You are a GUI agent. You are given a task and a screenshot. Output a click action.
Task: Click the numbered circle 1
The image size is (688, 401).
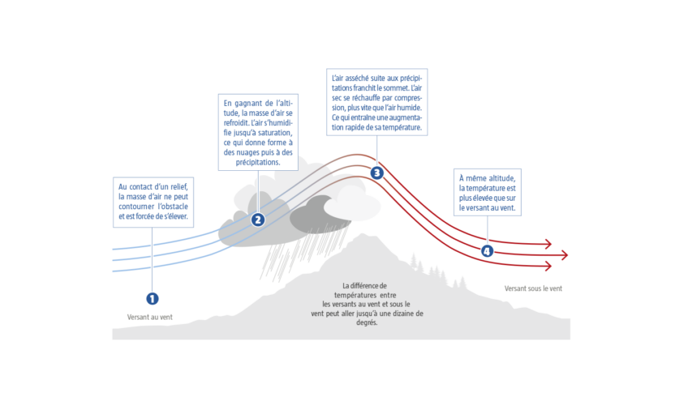point(153,298)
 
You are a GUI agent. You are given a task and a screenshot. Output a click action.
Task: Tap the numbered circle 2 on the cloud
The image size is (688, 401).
point(258,219)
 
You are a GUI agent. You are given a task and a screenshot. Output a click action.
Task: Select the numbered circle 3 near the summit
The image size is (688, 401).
point(376,173)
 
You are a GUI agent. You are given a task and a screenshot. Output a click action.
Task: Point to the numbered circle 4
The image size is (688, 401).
point(487,251)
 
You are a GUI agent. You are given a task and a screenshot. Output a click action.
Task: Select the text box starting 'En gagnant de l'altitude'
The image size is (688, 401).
point(259,132)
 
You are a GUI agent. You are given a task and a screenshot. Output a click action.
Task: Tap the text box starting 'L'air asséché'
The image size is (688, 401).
point(376,101)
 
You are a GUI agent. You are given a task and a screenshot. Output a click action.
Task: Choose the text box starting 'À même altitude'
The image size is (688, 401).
point(487,193)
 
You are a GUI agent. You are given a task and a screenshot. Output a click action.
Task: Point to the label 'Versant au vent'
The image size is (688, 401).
point(150,317)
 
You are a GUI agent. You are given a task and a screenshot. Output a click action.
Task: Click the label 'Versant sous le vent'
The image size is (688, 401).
point(533,288)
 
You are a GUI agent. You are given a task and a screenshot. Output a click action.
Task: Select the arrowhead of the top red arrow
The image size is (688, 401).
point(549,244)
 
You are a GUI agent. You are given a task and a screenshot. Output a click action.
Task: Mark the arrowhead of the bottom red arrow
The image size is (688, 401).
point(549,266)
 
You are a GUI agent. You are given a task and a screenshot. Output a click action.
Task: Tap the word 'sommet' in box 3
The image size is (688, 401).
point(398,87)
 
